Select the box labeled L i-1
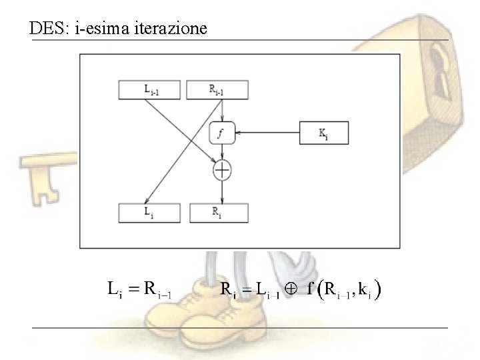pos(150,90)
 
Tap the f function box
pos(221,133)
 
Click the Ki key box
pos(323,133)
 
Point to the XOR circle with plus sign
pos(221,171)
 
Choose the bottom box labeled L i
pos(150,213)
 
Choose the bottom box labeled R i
pos(218,213)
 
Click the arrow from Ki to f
pos(267,133)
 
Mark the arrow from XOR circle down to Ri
pos(221,191)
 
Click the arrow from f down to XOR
pos(221,152)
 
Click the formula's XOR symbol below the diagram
pos(291,289)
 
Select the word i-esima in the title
pos(104,29)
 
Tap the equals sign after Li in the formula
pos(133,289)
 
